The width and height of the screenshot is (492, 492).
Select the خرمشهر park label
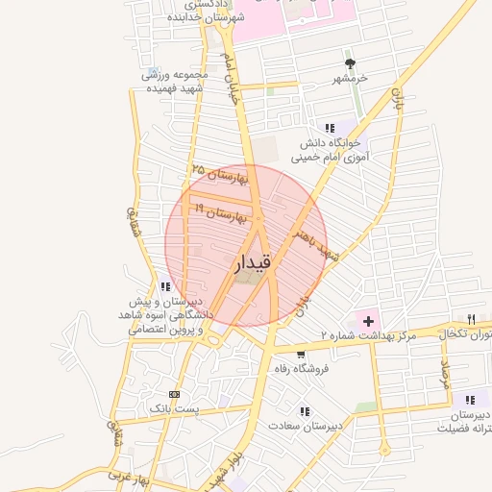pos(351,78)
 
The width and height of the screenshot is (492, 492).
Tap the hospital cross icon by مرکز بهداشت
pos(368,319)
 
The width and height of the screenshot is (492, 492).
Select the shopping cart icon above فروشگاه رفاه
pos(302,354)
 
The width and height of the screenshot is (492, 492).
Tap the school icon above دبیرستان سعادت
pos(305,410)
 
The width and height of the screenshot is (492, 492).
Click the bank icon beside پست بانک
pos(174,394)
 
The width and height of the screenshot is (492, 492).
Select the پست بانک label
pos(173,409)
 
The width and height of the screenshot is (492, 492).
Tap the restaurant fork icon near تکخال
pos(470,319)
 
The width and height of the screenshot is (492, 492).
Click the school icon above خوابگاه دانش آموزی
pos(330,127)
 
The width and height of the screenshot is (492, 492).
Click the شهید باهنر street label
pos(317,238)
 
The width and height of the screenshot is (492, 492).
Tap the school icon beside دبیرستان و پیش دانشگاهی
pos(166,285)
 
